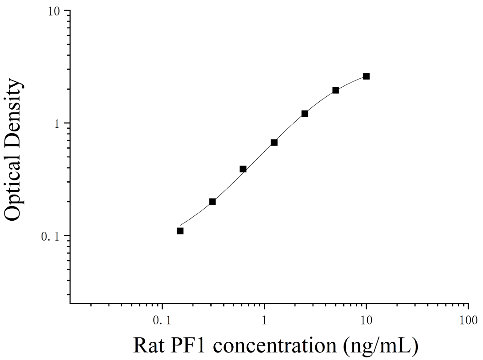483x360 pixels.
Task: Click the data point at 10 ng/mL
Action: point(366,76)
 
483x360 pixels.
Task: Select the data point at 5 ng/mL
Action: point(336,90)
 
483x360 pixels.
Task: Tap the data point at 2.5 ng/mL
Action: point(305,114)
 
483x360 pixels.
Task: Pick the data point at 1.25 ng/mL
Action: point(274,142)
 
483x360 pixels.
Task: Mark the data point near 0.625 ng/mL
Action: point(243,169)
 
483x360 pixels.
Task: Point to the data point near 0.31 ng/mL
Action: point(212,202)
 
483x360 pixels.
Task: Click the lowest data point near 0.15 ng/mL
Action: point(180,231)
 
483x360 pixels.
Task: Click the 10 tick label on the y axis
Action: point(54,11)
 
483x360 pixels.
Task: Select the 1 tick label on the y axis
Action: point(57,124)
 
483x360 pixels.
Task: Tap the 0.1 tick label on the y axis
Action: point(50,237)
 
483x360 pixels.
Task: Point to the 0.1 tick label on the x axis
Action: point(162,320)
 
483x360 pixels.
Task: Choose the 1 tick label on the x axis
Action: point(264,320)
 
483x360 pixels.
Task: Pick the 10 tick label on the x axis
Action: point(366,320)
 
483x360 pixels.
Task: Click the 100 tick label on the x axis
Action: point(468,320)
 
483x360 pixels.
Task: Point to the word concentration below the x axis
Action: point(274,346)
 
